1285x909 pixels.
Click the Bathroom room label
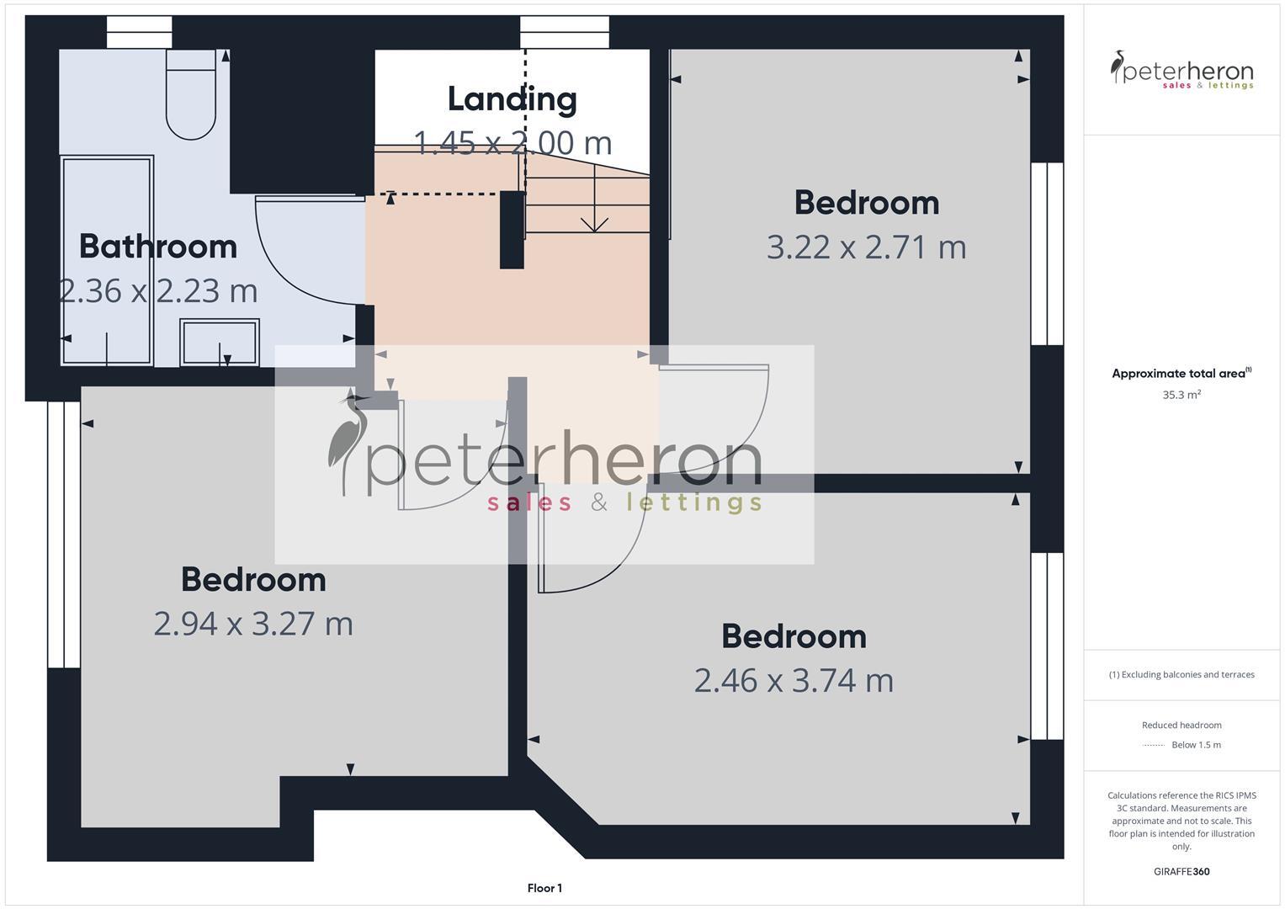click(x=158, y=247)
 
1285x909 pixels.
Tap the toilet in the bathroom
click(x=191, y=93)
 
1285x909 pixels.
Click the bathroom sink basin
click(x=220, y=342)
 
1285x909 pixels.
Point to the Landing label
click(x=512, y=99)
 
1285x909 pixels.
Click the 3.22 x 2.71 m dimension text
click(x=866, y=247)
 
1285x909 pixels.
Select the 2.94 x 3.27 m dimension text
click(x=253, y=624)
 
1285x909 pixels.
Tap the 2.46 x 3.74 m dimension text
click(x=794, y=680)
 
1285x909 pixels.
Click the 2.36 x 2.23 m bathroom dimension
click(x=159, y=291)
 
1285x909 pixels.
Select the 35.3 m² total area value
click(x=1181, y=394)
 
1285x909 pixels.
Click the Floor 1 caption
click(x=544, y=888)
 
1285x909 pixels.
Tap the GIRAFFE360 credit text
click(x=1181, y=872)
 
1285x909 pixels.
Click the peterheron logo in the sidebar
click(x=1181, y=70)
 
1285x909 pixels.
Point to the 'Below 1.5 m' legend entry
click(x=1195, y=745)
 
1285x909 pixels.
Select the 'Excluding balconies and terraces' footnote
click(x=1181, y=674)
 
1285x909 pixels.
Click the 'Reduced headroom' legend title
click(x=1181, y=725)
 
